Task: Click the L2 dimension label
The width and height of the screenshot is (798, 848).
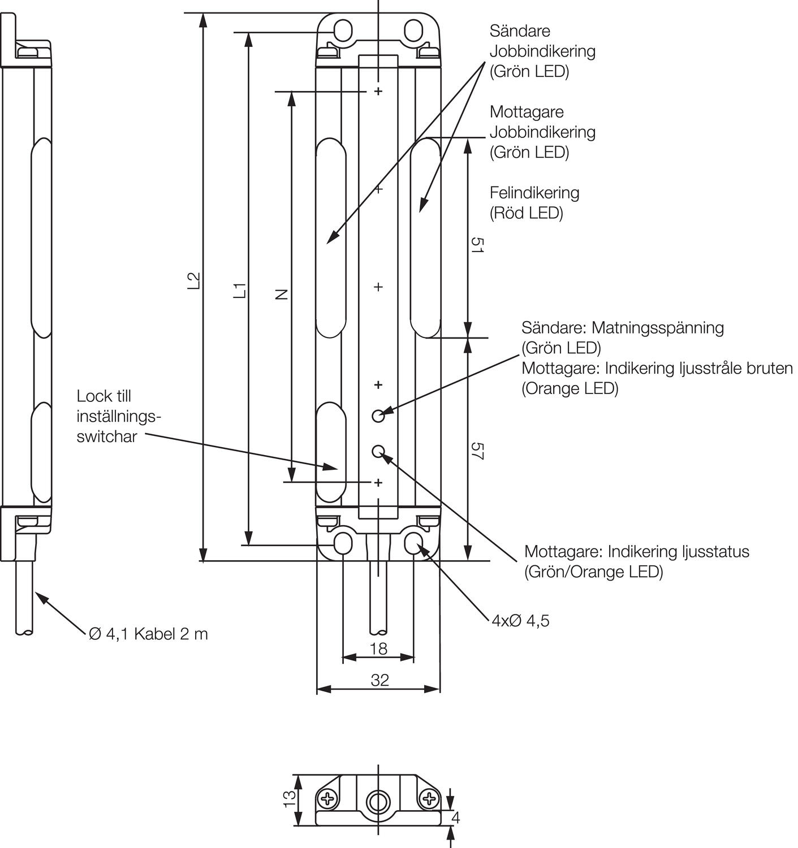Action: [x=194, y=281]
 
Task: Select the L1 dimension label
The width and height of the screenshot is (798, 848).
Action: [x=240, y=290]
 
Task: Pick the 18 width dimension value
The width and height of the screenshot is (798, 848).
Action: [x=378, y=648]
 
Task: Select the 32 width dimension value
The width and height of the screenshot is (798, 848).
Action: [x=379, y=680]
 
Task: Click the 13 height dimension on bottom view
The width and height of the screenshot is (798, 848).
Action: [x=290, y=798]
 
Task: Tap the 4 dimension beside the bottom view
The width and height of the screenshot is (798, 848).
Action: [x=456, y=817]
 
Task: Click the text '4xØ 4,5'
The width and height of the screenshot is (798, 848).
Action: [x=520, y=621]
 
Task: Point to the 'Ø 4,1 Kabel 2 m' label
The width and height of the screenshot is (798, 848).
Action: [x=148, y=634]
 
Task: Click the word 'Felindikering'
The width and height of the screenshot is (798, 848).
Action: [x=534, y=193]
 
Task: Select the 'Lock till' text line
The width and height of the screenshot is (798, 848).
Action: [x=103, y=396]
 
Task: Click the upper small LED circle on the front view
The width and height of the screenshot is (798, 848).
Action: [x=378, y=416]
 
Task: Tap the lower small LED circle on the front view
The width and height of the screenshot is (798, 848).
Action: [x=378, y=451]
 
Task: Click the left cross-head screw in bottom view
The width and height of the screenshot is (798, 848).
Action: [x=327, y=799]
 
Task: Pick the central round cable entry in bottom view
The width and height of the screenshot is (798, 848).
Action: [x=378, y=801]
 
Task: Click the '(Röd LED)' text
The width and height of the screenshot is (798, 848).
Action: [x=526, y=213]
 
